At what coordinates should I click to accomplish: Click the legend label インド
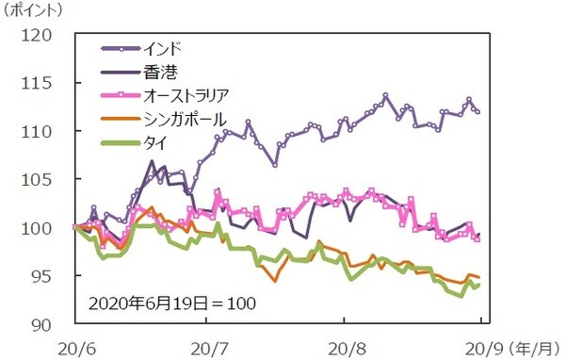tap(162, 47)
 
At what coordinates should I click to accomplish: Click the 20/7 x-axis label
tap(208, 346)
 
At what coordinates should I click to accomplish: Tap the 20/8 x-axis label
tap(346, 346)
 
